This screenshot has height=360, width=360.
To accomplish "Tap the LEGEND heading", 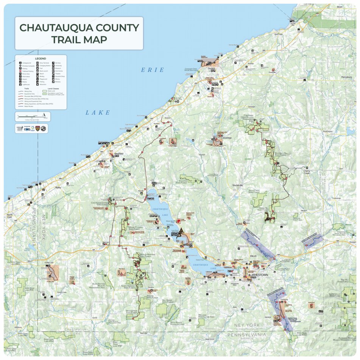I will tap(41, 58).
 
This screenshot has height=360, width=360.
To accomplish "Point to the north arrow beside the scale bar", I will tap(45, 115).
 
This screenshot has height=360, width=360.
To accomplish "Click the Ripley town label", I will tap(58, 187).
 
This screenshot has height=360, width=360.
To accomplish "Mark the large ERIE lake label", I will tap(153, 70).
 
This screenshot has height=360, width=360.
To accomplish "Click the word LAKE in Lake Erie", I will tap(98, 112).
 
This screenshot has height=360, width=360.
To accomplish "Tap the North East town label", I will tap(9, 216).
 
